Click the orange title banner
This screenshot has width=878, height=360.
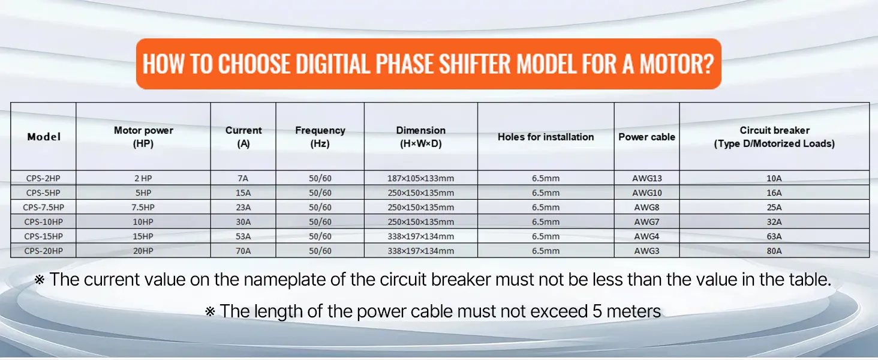[x=428, y=64]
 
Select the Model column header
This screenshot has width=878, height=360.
[x=44, y=137]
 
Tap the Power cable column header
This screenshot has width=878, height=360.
[x=647, y=137]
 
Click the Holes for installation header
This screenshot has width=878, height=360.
[x=546, y=137]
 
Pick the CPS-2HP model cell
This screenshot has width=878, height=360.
[x=43, y=178]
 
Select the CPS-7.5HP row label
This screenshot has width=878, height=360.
[x=43, y=208]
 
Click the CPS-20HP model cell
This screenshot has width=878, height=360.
[x=43, y=251]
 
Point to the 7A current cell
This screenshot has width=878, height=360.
[x=243, y=178]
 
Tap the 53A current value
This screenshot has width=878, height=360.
[x=243, y=236]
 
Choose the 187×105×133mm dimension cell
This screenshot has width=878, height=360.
[x=421, y=178]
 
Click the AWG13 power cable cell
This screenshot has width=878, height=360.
[x=647, y=178]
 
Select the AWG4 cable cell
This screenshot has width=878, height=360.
[x=647, y=236]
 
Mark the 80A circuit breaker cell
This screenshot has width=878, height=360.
[x=774, y=251]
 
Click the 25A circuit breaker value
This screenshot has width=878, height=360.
[x=774, y=208]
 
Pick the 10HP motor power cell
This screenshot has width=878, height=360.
[x=143, y=222]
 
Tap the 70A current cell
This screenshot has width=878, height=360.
[x=243, y=251]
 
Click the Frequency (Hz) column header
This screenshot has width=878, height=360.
[x=320, y=137]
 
